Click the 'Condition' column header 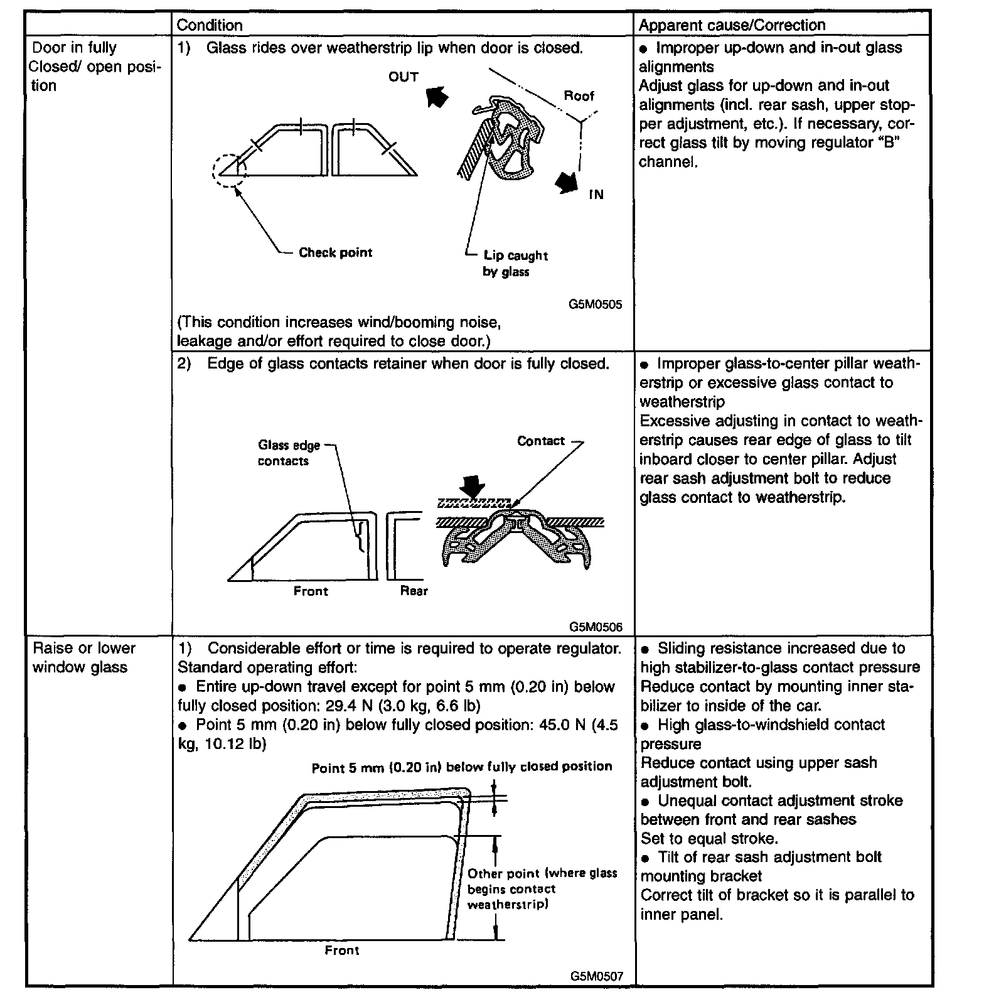point(209,25)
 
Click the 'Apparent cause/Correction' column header point(732,25)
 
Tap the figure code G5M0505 point(595,304)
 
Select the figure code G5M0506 point(596,627)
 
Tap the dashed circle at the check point point(230,170)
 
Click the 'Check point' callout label point(335,252)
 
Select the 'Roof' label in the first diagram point(579,96)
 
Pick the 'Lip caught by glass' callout point(515,264)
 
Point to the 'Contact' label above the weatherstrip point(541,441)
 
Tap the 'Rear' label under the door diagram point(414,591)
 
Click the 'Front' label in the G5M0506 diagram point(311,591)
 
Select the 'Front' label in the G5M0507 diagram point(341,951)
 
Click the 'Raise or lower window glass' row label point(84,657)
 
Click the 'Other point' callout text point(542,889)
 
